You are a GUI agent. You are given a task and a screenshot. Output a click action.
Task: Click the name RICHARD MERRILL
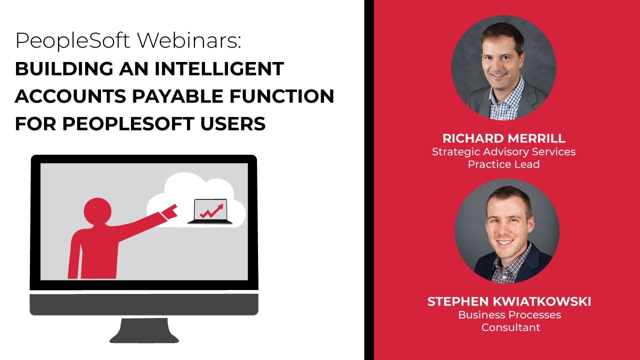[x=503, y=138]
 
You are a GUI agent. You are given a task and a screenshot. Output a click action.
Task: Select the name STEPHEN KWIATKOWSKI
[x=509, y=302]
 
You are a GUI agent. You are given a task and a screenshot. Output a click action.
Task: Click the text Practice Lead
[x=503, y=164]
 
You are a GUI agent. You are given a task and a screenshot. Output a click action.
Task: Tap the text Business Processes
[x=509, y=315]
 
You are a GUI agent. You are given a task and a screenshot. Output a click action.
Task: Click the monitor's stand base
[x=144, y=332]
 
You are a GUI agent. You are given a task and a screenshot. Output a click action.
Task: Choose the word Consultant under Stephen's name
[x=510, y=328]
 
